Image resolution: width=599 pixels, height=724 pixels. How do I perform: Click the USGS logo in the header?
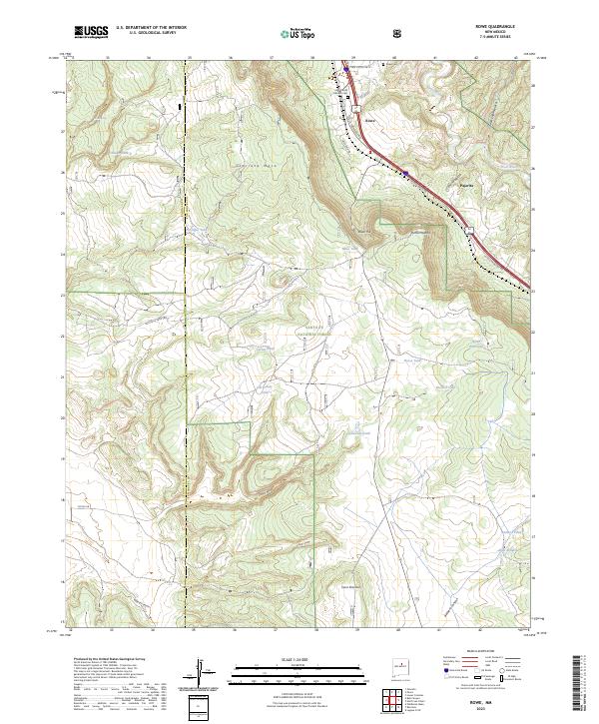click(x=91, y=33)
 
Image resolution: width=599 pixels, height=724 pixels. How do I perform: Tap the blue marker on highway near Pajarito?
click(x=406, y=173)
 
